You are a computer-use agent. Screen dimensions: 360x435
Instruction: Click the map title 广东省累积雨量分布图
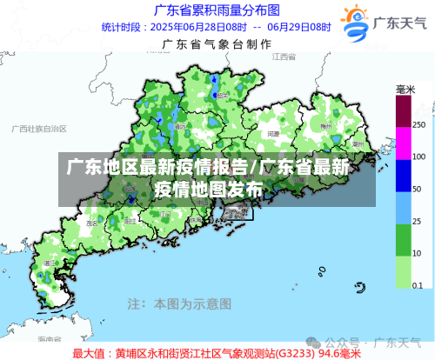(x=217, y=10)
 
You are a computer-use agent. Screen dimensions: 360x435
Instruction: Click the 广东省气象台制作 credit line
(x=217, y=43)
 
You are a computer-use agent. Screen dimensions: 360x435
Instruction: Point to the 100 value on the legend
(x=418, y=157)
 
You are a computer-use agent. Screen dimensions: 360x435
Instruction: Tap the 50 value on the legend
(x=417, y=190)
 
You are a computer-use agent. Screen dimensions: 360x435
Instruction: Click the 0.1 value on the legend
(x=418, y=285)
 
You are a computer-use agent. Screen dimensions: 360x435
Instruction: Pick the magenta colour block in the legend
(x=403, y=143)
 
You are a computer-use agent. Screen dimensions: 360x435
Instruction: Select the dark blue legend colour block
(x=403, y=174)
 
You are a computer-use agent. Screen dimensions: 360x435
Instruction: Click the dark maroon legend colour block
(x=403, y=110)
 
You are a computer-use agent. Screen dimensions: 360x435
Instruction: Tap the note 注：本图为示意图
(x=179, y=304)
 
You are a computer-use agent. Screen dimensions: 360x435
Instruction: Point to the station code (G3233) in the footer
(x=295, y=353)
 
